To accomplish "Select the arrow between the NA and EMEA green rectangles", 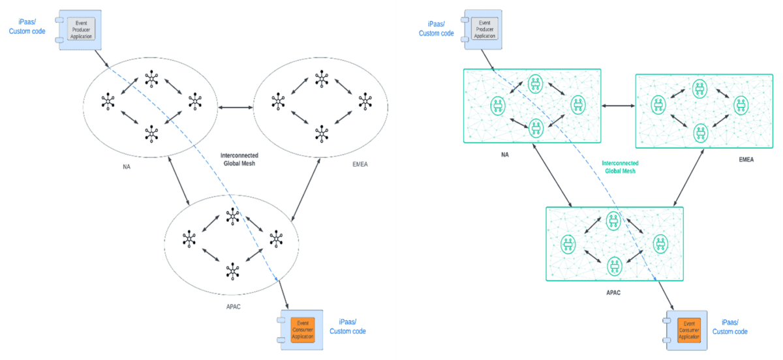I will (x=618, y=105).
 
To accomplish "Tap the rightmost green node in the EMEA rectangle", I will (x=739, y=104).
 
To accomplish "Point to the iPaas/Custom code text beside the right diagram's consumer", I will (x=729, y=327).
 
